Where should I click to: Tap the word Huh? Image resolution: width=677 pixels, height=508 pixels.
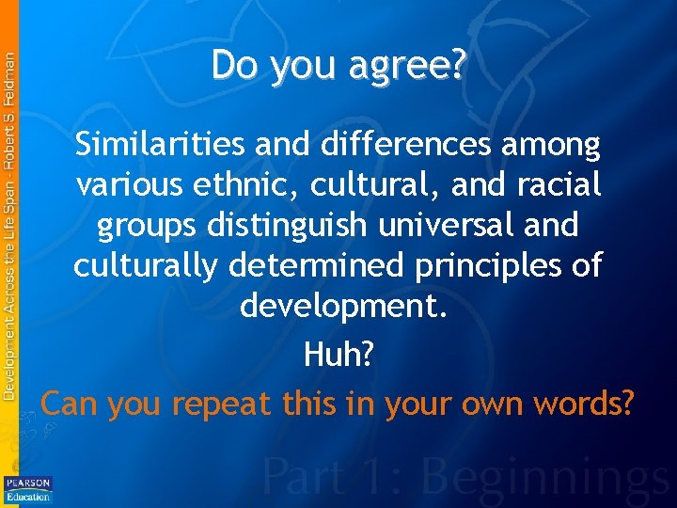[x=338, y=355]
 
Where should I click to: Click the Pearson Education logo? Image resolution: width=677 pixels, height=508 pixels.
[x=28, y=489]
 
